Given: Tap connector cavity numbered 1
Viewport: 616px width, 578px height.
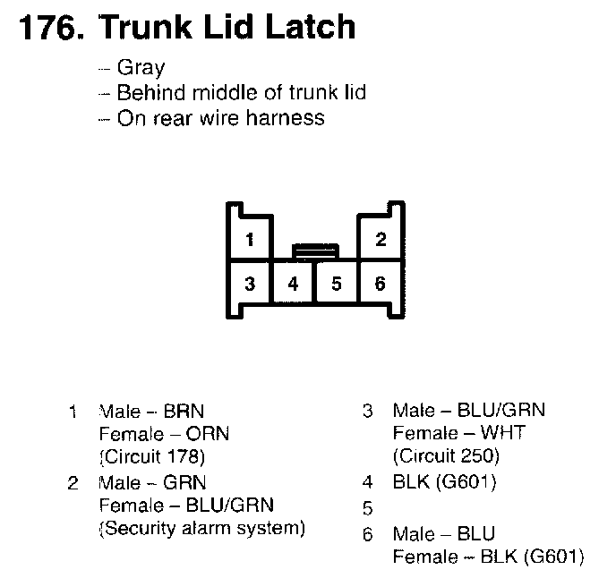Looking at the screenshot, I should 251,240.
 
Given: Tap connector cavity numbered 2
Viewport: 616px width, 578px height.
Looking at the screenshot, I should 381,240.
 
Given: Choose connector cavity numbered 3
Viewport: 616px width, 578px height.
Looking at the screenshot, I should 251,285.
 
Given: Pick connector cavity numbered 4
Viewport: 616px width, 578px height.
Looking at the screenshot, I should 294,285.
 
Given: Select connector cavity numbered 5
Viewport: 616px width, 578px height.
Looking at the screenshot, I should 337,285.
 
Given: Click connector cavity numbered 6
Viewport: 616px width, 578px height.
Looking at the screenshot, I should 381,285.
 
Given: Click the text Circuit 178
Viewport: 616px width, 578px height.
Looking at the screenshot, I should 152,456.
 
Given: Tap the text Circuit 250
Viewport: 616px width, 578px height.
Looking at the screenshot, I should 446,456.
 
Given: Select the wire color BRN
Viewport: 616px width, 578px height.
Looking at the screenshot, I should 184,412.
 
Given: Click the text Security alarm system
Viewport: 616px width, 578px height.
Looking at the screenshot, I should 201,528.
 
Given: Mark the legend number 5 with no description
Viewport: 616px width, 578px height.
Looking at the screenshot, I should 367,509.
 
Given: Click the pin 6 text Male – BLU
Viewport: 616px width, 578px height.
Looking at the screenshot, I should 443,534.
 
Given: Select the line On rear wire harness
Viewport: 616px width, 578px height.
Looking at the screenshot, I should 220,118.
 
